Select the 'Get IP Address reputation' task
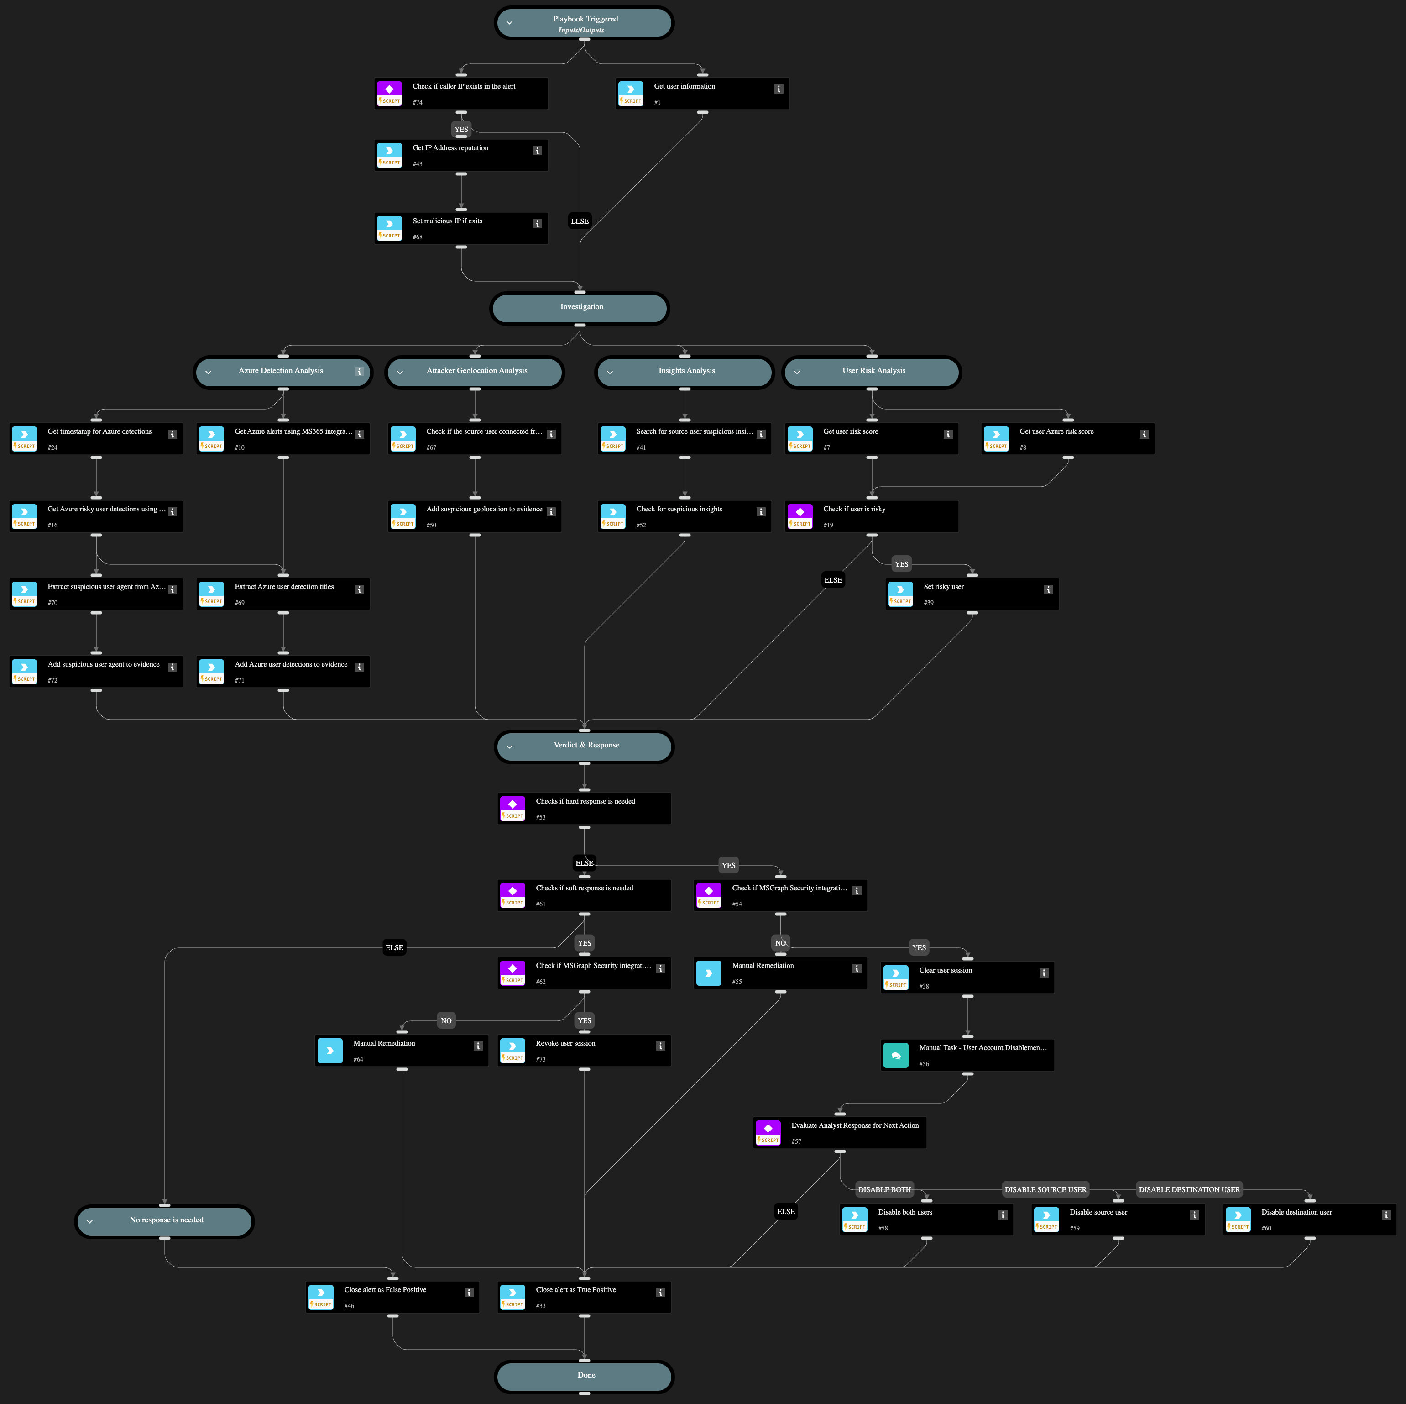click(x=460, y=155)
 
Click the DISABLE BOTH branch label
click(x=884, y=1189)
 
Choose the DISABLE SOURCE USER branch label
click(x=1045, y=1189)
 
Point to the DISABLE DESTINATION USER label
click(x=1189, y=1189)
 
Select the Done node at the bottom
click(x=585, y=1376)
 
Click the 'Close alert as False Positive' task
click(x=392, y=1297)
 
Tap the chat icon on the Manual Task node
click(x=896, y=1055)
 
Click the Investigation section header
click(x=580, y=307)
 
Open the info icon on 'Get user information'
click(x=779, y=89)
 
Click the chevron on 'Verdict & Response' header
click(x=509, y=747)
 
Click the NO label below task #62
click(x=446, y=1020)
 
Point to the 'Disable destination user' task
click(x=1309, y=1219)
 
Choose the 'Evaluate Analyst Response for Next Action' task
click(x=840, y=1132)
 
